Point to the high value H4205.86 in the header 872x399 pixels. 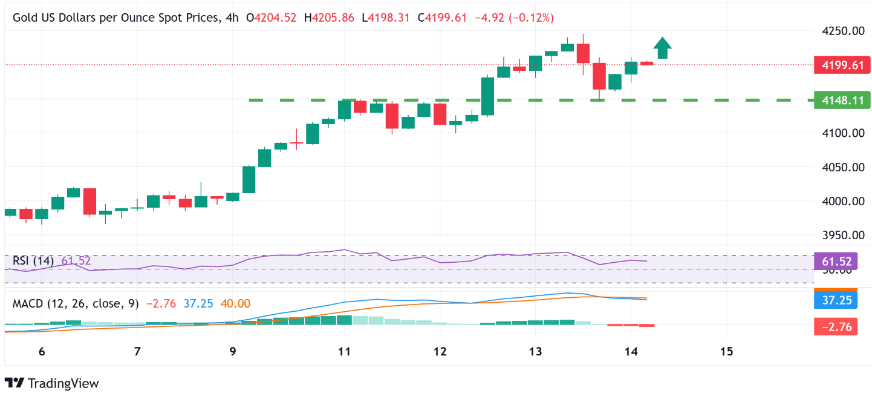[330, 18]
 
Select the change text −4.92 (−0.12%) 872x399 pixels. [513, 18]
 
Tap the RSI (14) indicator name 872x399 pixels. [33, 261]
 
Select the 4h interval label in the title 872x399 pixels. [231, 18]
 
